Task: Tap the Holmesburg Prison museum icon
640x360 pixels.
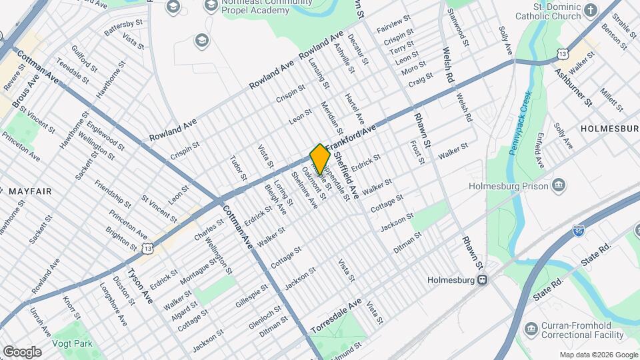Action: (558, 185)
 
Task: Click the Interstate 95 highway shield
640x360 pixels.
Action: (579, 231)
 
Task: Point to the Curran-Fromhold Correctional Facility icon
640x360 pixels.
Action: (531, 329)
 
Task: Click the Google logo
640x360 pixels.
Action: (22, 352)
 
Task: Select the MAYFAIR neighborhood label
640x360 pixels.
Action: (30, 191)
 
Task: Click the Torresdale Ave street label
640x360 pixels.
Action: (336, 316)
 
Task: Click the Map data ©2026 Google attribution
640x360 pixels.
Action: (598, 355)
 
